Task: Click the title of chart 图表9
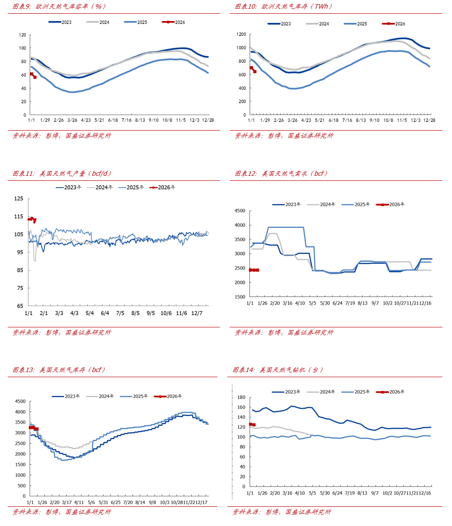pos(59,6)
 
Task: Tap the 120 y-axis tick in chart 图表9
pos(22,35)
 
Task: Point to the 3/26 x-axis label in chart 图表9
pos(72,120)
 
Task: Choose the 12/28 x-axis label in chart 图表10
pos(429,120)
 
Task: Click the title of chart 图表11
pos(62,174)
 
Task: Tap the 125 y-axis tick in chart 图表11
pos(19,199)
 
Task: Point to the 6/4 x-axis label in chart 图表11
pos(105,313)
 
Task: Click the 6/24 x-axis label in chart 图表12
pos(337,303)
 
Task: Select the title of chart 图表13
pos(59,370)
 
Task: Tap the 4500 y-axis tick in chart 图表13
pos(20,401)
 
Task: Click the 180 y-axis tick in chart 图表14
pos(242,398)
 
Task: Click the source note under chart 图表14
pos(282,512)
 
